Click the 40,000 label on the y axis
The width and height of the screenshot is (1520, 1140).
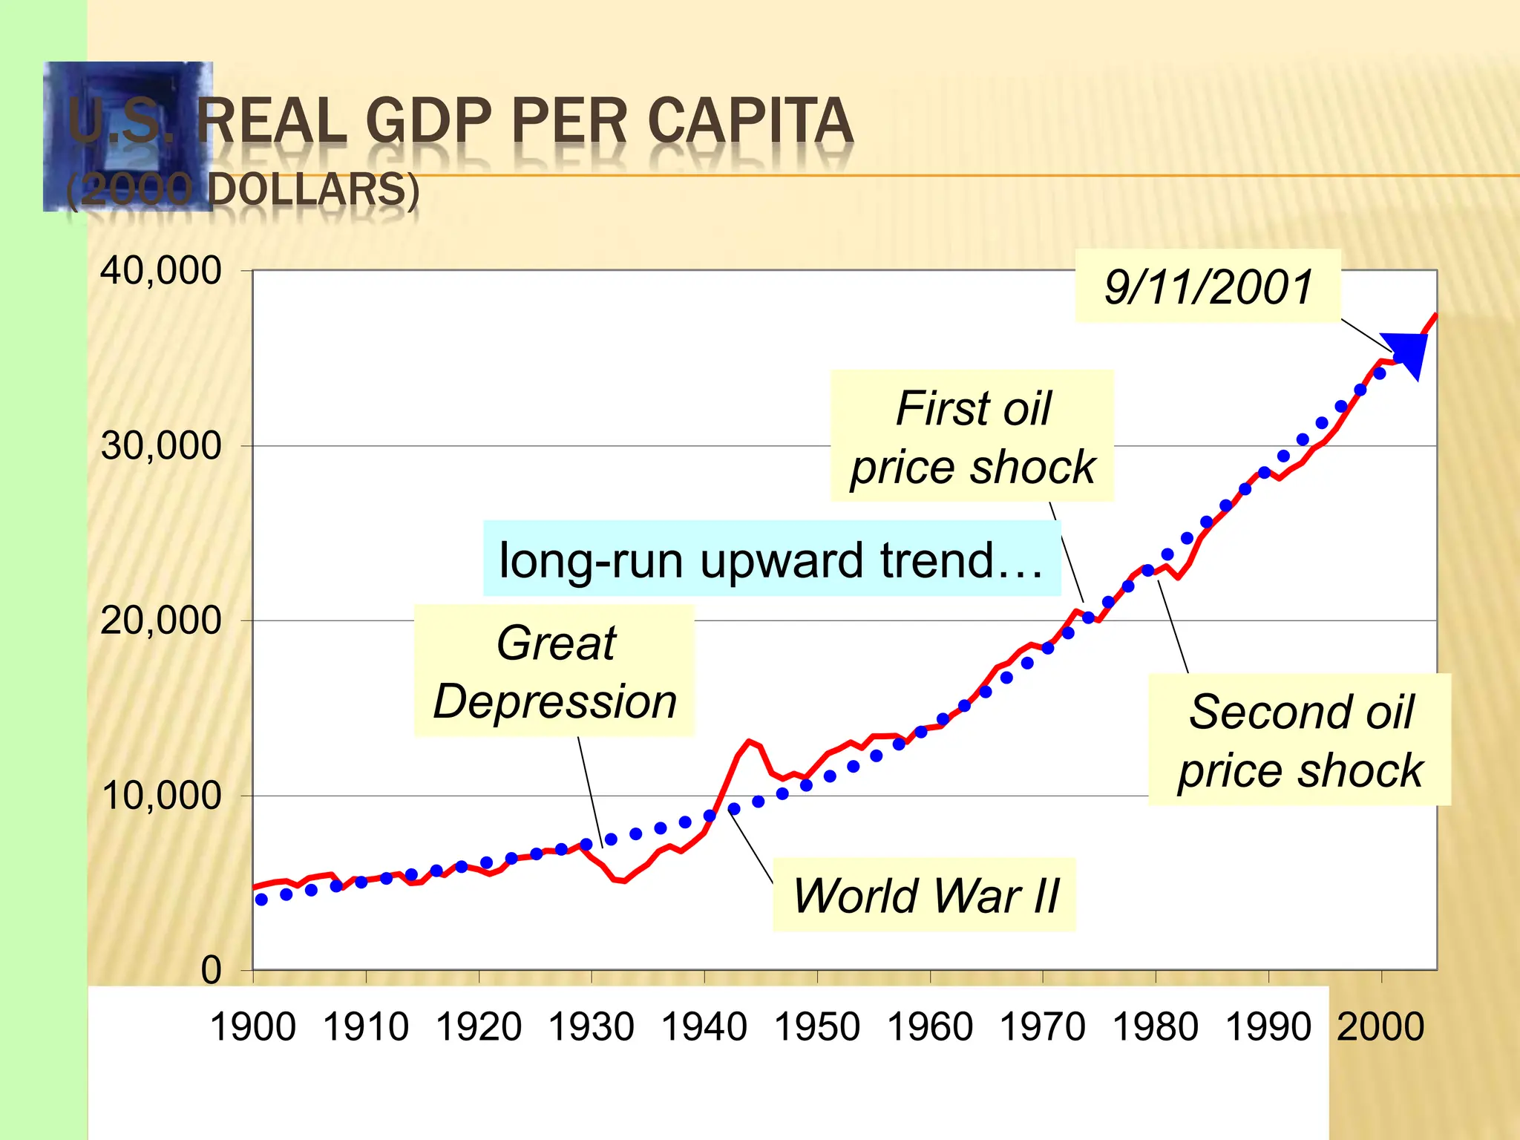pyautogui.click(x=160, y=271)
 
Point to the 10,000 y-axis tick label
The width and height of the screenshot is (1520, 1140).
pyautogui.click(x=160, y=796)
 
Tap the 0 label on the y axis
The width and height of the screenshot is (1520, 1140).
pyautogui.click(x=212, y=970)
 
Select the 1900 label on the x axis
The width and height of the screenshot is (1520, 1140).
pyautogui.click(x=253, y=1027)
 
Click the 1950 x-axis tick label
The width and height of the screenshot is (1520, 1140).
pyautogui.click(x=817, y=1027)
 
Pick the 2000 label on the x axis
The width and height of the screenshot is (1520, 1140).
pyautogui.click(x=1380, y=1027)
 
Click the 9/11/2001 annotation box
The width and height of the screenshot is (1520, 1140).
pyautogui.click(x=1208, y=287)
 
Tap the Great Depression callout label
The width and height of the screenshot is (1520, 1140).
pyautogui.click(x=554, y=672)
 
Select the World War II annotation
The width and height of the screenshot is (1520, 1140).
pyautogui.click(x=925, y=895)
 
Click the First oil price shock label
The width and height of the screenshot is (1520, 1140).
pyautogui.click(x=972, y=436)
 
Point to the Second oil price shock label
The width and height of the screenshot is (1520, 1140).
pyautogui.click(x=1300, y=740)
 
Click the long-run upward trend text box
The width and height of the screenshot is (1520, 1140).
pyautogui.click(x=772, y=560)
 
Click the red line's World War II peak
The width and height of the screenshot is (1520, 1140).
pyautogui.click(x=750, y=741)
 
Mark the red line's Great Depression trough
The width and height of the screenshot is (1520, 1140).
pyautogui.click(x=624, y=881)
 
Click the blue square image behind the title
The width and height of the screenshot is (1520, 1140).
pyautogui.click(x=128, y=137)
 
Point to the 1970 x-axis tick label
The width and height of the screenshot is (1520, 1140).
pyautogui.click(x=1043, y=1027)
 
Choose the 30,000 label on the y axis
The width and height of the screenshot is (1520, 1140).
pyautogui.click(x=160, y=446)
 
